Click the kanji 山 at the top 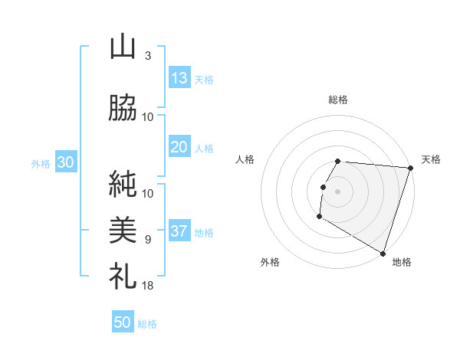pos(123,47)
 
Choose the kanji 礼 pos(123,275)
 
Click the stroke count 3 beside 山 pos(147,57)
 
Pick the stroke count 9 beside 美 pos(147,240)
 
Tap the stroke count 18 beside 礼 pos(147,285)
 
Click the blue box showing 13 pos(179,78)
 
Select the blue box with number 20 pos(179,148)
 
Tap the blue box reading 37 pos(179,232)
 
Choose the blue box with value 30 pos(64,163)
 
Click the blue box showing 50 pos(122,323)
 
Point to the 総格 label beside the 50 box pos(147,324)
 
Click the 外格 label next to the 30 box pos(41,164)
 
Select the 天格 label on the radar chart pos(431,159)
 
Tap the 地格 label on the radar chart pos(402,262)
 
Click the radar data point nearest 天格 pos(411,168)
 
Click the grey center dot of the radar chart pos(337,191)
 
